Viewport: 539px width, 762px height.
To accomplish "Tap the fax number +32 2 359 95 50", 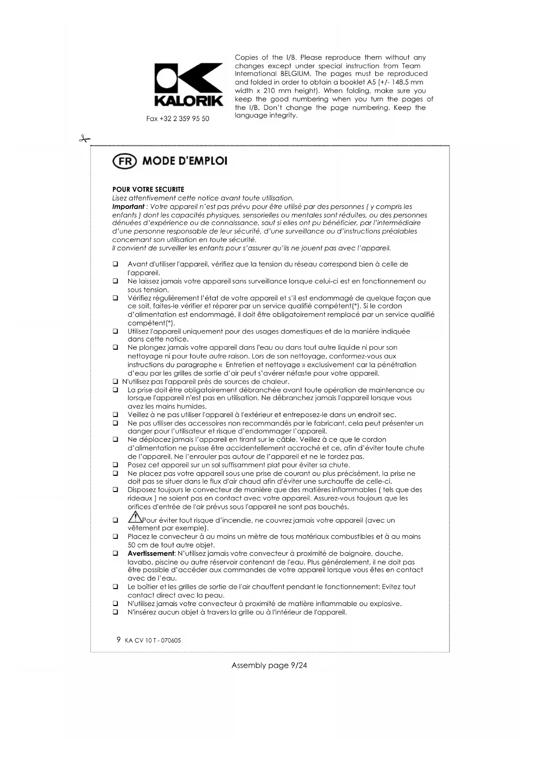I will click(x=178, y=119).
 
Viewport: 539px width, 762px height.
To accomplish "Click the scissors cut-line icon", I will click(x=84, y=139).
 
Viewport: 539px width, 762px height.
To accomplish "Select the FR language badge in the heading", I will click(x=125, y=161).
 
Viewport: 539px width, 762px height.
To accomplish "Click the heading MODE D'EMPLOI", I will click(x=185, y=161).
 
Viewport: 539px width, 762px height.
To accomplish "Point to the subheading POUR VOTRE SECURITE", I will click(x=148, y=189).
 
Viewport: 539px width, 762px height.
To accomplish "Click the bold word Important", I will click(x=128, y=207).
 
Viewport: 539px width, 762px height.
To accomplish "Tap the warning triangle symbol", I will click(x=135, y=517).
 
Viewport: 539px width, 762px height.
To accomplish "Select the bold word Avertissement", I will click(x=151, y=553).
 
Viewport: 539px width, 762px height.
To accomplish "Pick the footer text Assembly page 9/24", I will click(x=269, y=665).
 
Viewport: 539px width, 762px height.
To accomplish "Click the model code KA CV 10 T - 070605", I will click(x=153, y=640).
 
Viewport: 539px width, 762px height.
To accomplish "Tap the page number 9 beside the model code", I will click(x=119, y=639).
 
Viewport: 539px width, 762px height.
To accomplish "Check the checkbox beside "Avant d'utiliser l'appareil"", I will click(x=116, y=264).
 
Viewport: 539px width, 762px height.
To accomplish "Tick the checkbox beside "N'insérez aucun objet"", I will click(x=116, y=612).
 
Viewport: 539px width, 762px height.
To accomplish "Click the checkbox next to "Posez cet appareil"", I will click(x=116, y=465).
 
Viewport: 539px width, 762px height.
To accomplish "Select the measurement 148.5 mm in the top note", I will click(x=403, y=82).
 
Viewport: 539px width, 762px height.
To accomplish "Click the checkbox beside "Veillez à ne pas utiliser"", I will click(x=116, y=415).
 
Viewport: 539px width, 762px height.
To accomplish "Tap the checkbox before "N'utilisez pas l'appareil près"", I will click(x=116, y=382).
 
